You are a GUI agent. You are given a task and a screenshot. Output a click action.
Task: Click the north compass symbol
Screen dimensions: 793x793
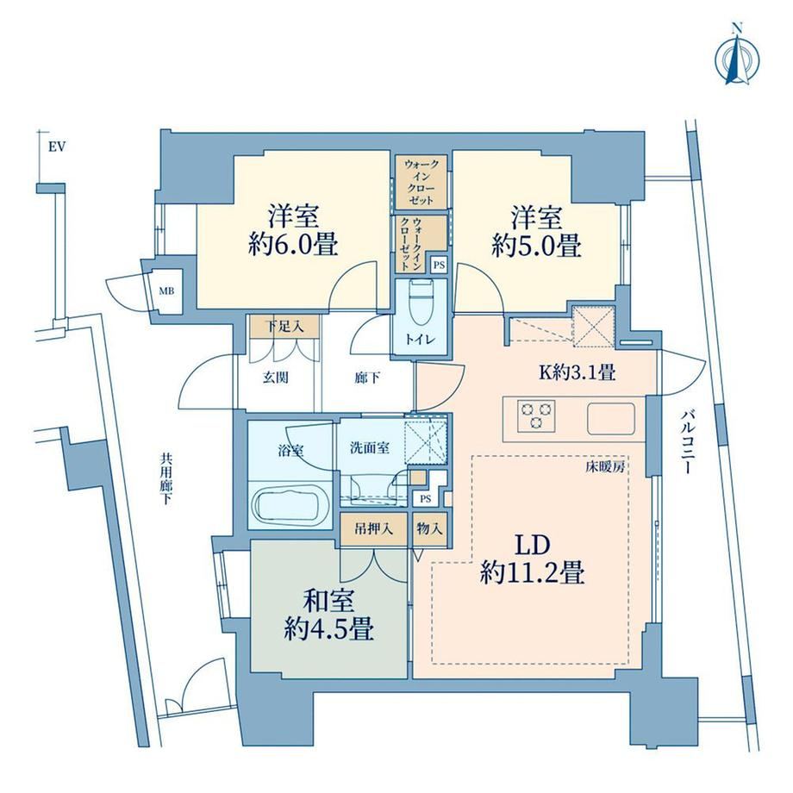click(738, 61)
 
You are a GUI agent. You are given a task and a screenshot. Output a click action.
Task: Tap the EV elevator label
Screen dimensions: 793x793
click(57, 147)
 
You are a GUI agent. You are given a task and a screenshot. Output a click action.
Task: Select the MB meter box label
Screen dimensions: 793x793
click(167, 291)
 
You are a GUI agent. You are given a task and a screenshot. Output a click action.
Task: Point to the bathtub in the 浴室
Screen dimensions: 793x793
click(290, 503)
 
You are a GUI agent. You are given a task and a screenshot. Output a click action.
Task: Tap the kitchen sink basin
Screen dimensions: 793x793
click(611, 418)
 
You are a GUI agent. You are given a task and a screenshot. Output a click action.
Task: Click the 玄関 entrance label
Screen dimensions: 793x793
click(276, 378)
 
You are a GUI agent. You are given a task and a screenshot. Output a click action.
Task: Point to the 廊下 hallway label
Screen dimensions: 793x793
click(367, 378)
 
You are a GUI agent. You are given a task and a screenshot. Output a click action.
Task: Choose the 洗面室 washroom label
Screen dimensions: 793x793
click(370, 447)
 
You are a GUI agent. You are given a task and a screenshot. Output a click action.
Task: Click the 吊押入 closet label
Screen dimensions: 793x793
click(373, 529)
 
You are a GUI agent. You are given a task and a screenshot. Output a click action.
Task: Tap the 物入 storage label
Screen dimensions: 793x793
click(429, 529)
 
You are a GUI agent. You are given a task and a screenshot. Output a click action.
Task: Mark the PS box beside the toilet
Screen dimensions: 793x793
click(439, 265)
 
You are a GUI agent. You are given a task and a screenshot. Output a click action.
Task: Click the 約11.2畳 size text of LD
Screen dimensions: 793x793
click(532, 573)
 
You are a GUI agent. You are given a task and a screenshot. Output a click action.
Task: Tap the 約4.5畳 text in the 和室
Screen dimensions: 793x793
click(328, 629)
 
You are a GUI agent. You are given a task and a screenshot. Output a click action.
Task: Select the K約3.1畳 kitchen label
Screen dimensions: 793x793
click(578, 373)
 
